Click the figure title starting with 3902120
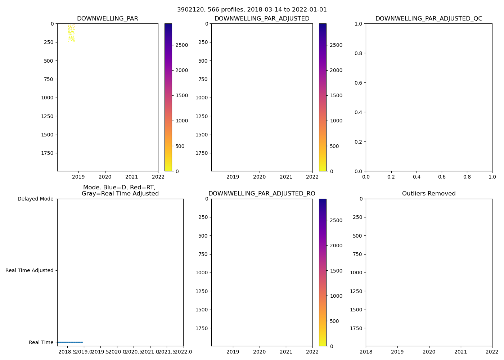(252, 10)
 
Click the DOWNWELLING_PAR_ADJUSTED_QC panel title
(429, 19)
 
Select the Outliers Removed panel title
(429, 194)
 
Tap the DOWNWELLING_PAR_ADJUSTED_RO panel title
(262, 194)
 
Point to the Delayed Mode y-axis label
(35, 199)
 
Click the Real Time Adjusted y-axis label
(30, 270)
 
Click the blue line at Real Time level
(70, 342)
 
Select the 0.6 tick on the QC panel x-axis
(442, 177)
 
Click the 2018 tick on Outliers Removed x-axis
(366, 352)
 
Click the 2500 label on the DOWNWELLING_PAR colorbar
(181, 45)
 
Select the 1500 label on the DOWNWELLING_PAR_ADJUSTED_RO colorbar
(336, 271)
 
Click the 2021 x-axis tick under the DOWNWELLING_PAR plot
(131, 177)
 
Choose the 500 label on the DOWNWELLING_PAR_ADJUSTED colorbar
(334, 146)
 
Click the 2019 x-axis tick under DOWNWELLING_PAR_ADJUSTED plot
(233, 177)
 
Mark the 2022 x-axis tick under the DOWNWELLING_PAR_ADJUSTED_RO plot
(312, 352)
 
